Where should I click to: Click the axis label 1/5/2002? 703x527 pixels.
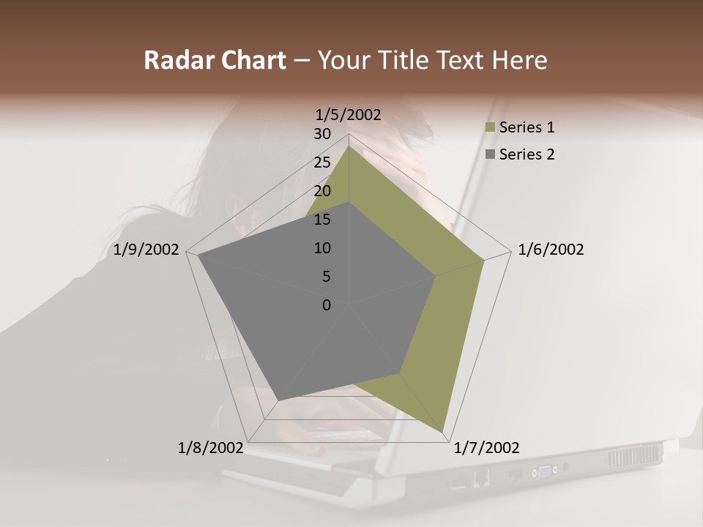pos(349,115)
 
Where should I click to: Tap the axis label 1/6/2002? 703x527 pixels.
pos(551,250)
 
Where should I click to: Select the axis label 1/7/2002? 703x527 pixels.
pos(486,448)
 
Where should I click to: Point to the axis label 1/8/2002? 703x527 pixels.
pos(211,448)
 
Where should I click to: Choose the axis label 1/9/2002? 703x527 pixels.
pos(146,250)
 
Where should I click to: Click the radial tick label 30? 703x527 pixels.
pos(322,134)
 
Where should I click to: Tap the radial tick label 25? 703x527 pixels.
pos(322,162)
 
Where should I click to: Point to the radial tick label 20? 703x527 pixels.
pos(322,191)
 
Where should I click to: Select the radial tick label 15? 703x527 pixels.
pos(322,220)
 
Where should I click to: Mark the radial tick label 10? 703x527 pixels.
pos(322,248)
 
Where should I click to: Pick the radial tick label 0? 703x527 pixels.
pos(326,305)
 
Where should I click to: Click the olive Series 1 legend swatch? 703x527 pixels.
pos(490,127)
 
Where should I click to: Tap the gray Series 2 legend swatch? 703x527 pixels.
pos(490,154)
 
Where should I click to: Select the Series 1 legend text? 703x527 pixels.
pos(527,127)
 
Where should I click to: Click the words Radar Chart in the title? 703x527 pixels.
pos(215,61)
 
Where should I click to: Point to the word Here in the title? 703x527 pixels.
pos(519,61)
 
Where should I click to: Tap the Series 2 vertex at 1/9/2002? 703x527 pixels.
pos(198,255)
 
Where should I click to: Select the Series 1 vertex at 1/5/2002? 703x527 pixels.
pos(349,146)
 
